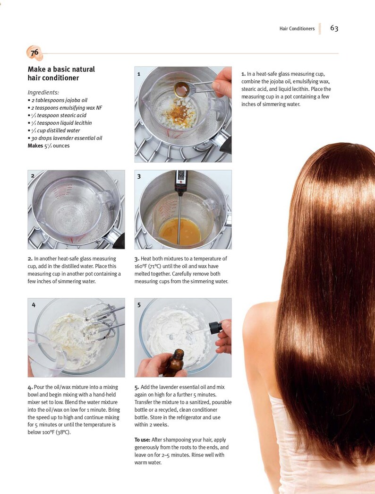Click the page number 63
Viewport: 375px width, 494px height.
tap(334, 28)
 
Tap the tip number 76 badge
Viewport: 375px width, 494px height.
tap(34, 53)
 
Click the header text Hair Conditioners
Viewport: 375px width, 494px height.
tap(297, 29)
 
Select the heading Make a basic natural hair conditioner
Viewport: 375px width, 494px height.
tap(61, 73)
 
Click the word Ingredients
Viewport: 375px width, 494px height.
tap(43, 92)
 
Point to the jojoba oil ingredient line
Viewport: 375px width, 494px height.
tap(58, 100)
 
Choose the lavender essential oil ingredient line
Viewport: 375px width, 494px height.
tap(65, 138)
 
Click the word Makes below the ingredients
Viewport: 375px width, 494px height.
tap(35, 146)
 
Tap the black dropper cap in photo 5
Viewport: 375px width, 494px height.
tap(215, 327)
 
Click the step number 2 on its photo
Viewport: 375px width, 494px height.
tap(33, 175)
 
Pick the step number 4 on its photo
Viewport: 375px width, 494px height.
tap(33, 305)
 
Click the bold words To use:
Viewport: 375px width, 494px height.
tap(142, 440)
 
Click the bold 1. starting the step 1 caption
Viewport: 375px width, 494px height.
tap(243, 74)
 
